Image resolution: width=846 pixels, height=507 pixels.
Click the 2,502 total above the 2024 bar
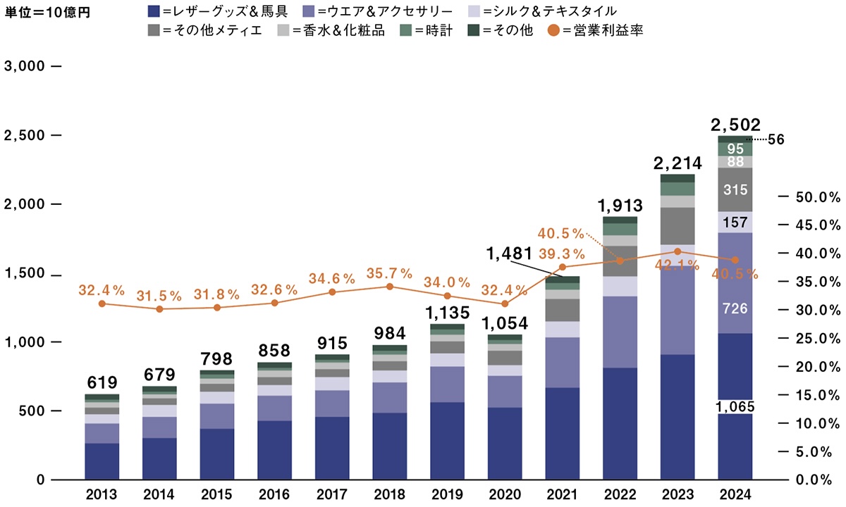(735, 125)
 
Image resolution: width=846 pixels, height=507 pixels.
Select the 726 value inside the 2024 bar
(735, 308)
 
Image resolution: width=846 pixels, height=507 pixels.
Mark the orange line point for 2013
(102, 303)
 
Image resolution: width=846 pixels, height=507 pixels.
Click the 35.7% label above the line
(389, 272)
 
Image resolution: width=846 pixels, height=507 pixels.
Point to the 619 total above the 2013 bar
(102, 382)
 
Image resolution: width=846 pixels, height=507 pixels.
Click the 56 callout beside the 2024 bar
(776, 139)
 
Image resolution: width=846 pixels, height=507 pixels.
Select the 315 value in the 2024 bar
(735, 190)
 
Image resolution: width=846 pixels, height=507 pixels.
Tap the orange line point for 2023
(678, 251)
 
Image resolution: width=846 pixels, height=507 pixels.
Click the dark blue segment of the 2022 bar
(620, 423)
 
